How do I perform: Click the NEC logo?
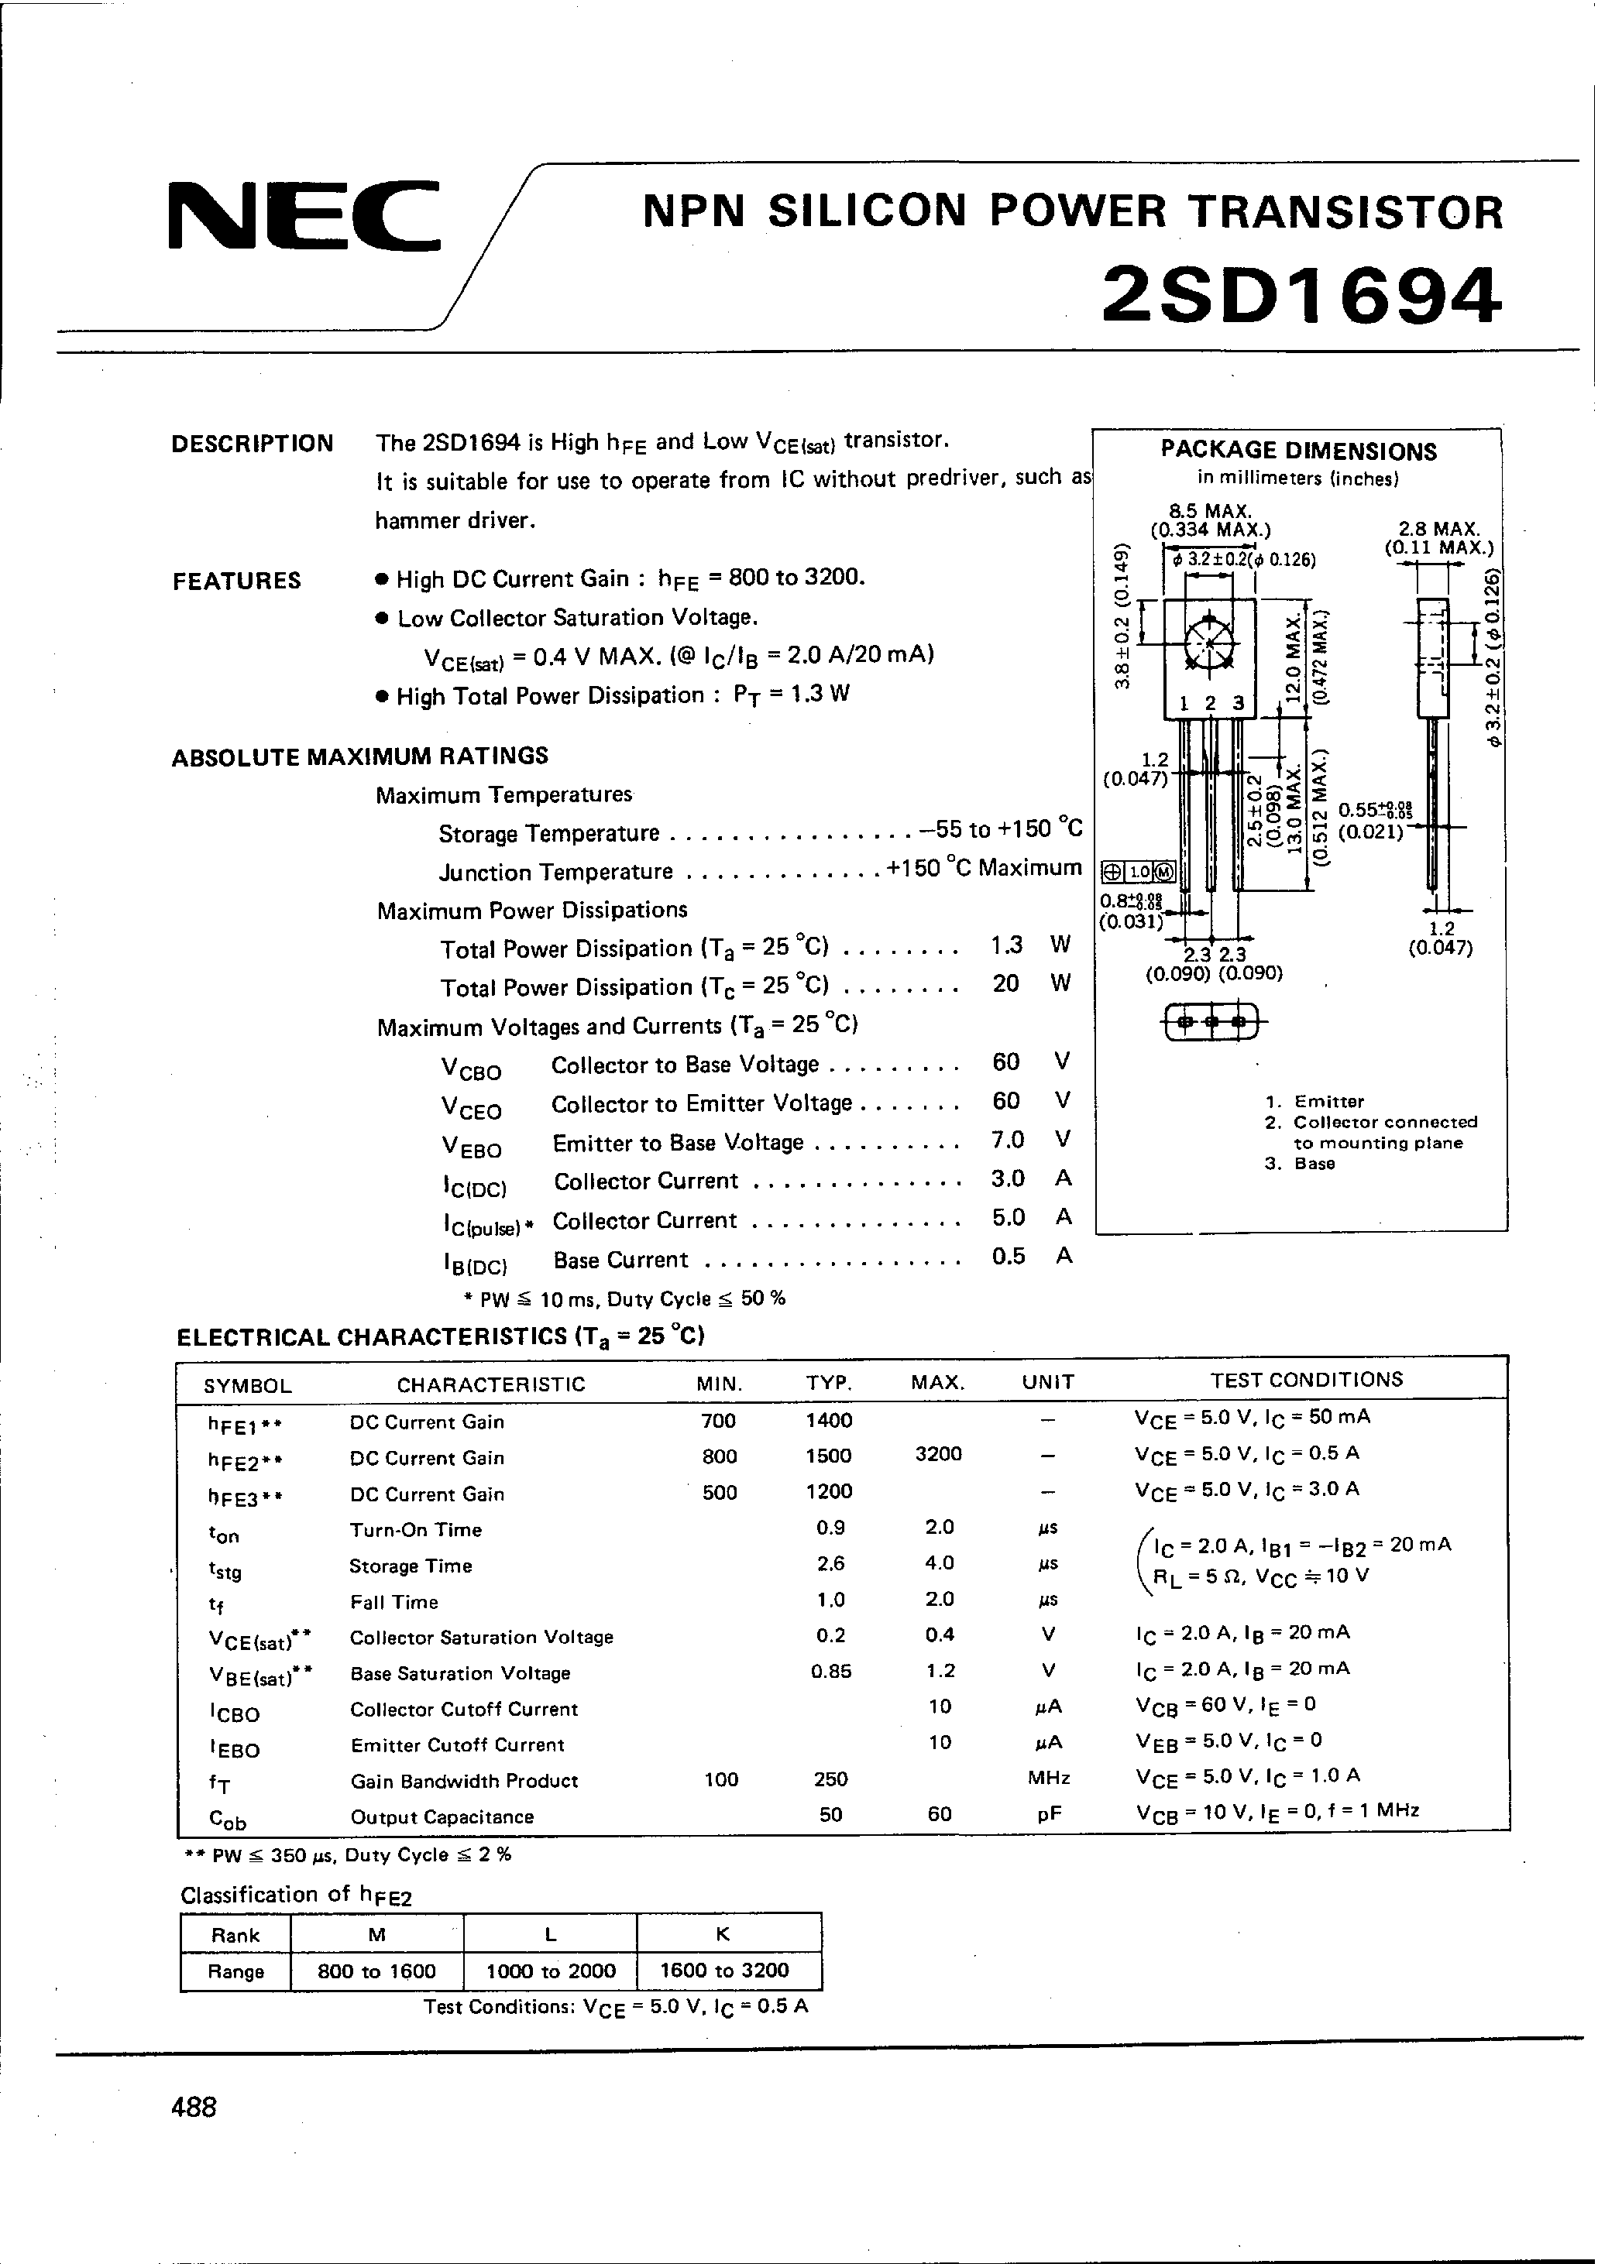tap(304, 215)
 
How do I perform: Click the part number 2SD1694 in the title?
tap(1301, 295)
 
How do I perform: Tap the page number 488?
tap(194, 2108)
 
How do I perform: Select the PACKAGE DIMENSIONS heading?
tap(1298, 451)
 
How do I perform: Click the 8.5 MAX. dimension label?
tap(1209, 511)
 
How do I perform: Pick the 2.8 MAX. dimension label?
tap(1439, 530)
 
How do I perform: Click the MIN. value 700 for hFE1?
tap(719, 1421)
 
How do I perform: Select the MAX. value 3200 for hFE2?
tap(938, 1454)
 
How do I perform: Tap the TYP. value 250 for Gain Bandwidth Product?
tap(830, 1779)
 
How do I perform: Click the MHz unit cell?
tap(1049, 1779)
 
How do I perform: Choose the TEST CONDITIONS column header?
tap(1306, 1380)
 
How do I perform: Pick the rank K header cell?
tap(723, 1935)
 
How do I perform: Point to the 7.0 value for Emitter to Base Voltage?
tap(1007, 1140)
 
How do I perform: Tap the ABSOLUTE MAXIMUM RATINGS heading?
tap(360, 756)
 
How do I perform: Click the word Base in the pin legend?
tap(1315, 1164)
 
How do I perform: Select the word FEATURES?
tap(237, 581)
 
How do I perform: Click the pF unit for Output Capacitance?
tap(1049, 1814)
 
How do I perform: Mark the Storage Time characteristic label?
tap(411, 1566)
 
